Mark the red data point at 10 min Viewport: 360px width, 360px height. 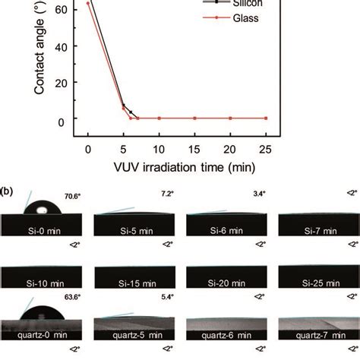pos(159,118)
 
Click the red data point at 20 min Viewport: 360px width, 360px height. pos(230,118)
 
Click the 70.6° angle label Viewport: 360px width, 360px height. pos(72,196)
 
